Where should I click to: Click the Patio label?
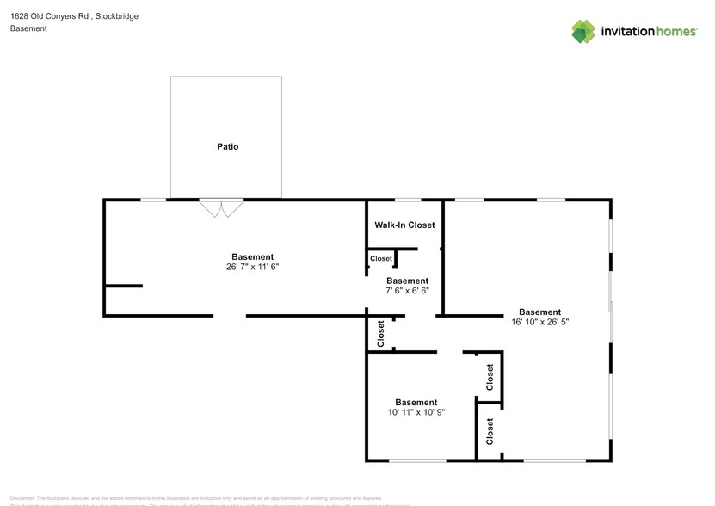pyautogui.click(x=227, y=147)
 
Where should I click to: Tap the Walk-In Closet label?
pyautogui.click(x=404, y=225)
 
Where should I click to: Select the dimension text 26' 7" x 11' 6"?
pyautogui.click(x=252, y=268)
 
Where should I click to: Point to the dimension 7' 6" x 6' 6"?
pyautogui.click(x=407, y=291)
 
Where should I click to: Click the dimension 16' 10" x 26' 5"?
pyautogui.click(x=539, y=322)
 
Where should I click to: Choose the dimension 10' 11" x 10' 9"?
pyautogui.click(x=416, y=412)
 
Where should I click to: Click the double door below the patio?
pyautogui.click(x=222, y=208)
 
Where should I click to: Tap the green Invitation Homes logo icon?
pyautogui.click(x=584, y=32)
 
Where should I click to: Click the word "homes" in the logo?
pyautogui.click(x=674, y=32)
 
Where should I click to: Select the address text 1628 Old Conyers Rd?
pyautogui.click(x=47, y=16)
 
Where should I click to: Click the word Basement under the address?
pyautogui.click(x=28, y=28)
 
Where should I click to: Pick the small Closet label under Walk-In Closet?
pyautogui.click(x=381, y=258)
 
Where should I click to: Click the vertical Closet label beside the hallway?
pyautogui.click(x=381, y=334)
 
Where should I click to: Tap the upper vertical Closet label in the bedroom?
pyautogui.click(x=490, y=377)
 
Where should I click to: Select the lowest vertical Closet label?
pyautogui.click(x=490, y=431)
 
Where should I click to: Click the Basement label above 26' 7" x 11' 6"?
pyautogui.click(x=252, y=257)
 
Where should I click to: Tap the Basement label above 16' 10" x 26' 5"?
pyautogui.click(x=539, y=312)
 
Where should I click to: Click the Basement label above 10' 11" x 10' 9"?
pyautogui.click(x=416, y=402)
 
